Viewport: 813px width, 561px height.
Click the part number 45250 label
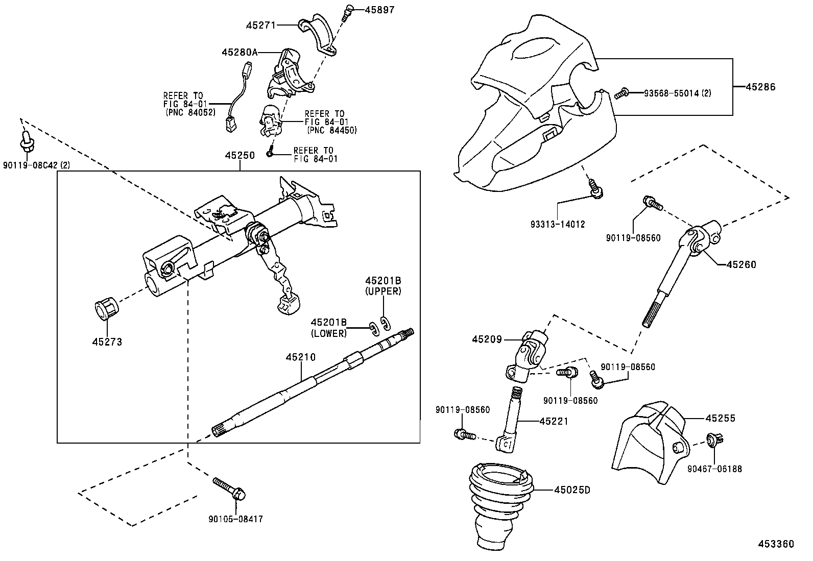(240, 155)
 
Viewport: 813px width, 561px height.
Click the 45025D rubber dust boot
(500, 505)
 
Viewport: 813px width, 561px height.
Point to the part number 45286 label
(760, 87)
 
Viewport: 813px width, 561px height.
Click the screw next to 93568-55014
(621, 93)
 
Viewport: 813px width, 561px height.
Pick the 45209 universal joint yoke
(526, 357)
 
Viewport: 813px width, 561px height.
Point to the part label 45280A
(240, 52)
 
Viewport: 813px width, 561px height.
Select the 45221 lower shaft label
(554, 421)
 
